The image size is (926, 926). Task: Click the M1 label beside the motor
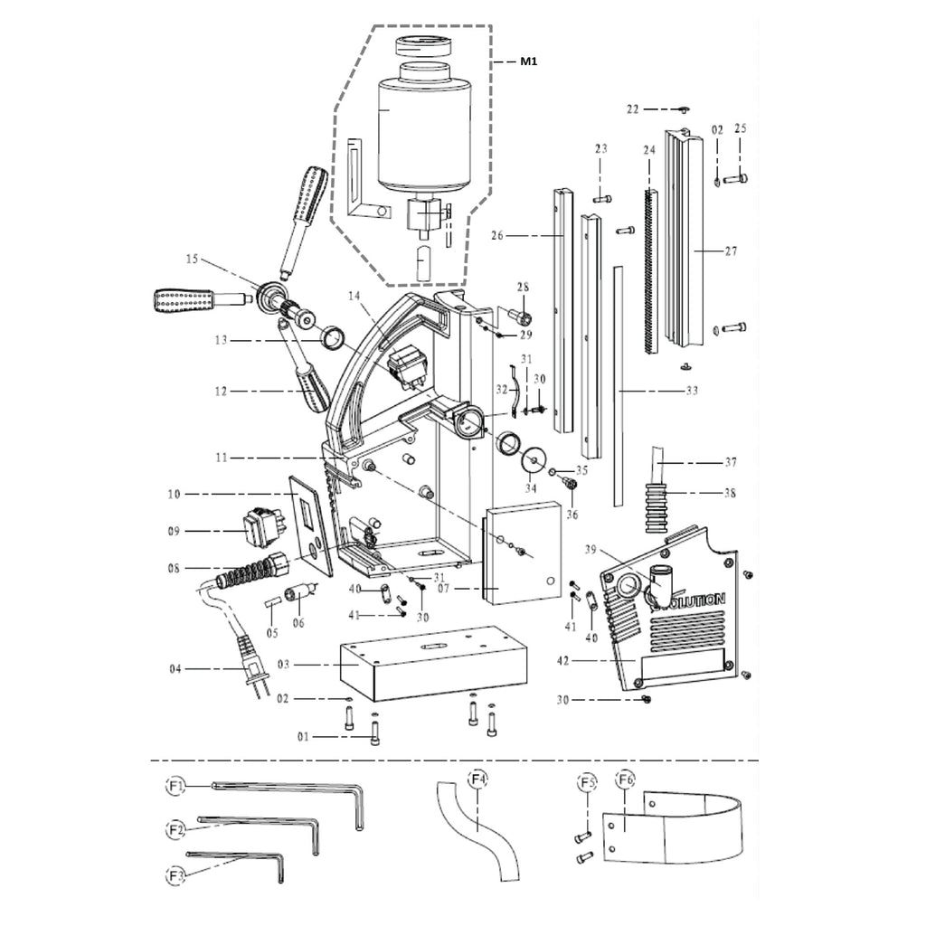(x=528, y=61)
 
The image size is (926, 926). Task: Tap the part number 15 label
(x=191, y=260)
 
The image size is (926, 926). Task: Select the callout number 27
(x=730, y=251)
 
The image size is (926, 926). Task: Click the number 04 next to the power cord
(x=176, y=669)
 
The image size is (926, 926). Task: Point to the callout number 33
(x=692, y=391)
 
